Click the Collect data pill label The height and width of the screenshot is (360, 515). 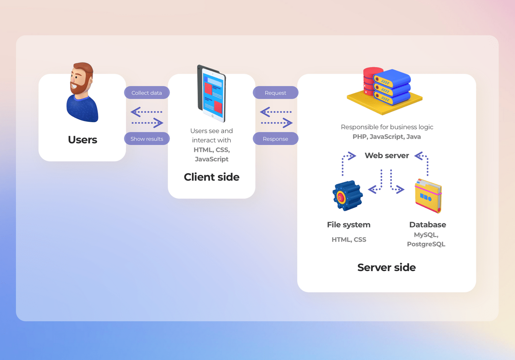point(147,93)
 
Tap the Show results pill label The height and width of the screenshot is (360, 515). point(147,139)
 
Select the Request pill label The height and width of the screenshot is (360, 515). point(276,93)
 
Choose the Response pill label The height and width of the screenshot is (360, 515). point(276,139)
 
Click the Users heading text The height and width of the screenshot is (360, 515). point(82,140)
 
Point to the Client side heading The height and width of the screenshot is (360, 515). point(212,177)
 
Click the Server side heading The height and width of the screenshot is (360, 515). point(387,267)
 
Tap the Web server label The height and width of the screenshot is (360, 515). point(387,156)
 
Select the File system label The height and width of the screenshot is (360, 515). point(349,225)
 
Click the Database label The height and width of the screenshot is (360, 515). point(427,225)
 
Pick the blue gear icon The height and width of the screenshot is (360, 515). point(347,196)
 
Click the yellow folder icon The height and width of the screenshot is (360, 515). point(428,196)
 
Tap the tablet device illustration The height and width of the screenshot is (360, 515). point(212,93)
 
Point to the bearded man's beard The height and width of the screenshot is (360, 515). point(80,86)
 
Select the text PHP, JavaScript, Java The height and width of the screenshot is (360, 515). point(387,136)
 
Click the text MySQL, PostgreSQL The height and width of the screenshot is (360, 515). point(426,239)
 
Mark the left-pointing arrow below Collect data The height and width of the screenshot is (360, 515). point(146,112)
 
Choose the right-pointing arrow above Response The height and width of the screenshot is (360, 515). point(277,123)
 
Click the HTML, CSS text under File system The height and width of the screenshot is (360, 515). point(349,239)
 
